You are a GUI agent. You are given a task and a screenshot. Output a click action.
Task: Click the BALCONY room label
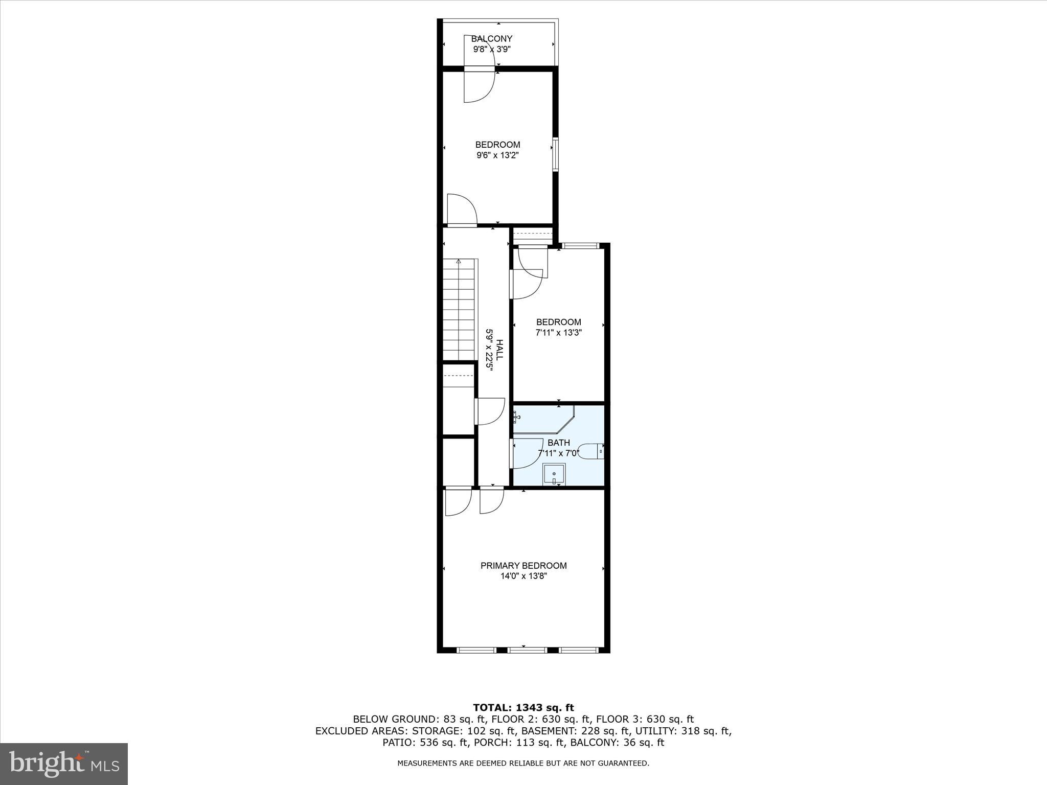(x=491, y=39)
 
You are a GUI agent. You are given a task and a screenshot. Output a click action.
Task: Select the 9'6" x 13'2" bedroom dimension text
(x=497, y=155)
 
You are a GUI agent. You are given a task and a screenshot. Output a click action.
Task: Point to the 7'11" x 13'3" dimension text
(x=558, y=333)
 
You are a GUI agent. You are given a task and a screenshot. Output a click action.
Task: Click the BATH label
(x=558, y=443)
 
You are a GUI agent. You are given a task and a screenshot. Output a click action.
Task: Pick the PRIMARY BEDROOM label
(x=523, y=566)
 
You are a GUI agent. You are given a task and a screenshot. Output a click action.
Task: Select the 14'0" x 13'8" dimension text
(x=523, y=576)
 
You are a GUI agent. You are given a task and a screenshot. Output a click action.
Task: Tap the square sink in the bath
(x=554, y=474)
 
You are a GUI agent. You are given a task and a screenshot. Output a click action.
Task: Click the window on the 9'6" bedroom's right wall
(x=555, y=153)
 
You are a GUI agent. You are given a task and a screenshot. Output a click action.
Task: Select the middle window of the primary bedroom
(x=527, y=650)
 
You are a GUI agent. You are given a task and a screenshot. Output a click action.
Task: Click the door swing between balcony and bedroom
(x=480, y=86)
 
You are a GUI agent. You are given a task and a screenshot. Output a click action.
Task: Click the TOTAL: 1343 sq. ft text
(x=523, y=708)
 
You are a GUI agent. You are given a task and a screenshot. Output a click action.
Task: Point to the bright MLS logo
(x=64, y=764)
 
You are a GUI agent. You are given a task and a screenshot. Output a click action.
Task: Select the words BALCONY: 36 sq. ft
(x=617, y=743)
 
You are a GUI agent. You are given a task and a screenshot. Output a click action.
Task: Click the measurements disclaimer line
(x=523, y=764)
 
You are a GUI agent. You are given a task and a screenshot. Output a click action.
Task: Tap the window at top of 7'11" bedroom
(x=580, y=246)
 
